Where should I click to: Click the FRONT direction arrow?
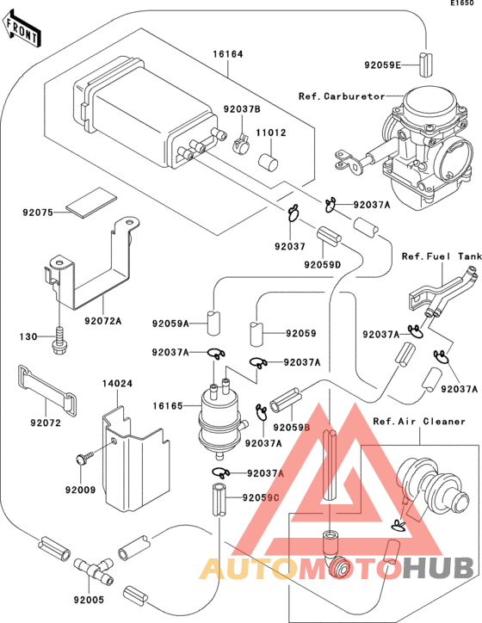[x=22, y=29]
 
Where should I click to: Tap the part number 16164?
[x=228, y=53]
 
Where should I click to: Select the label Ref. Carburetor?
[x=342, y=96]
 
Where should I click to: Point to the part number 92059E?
[x=383, y=65]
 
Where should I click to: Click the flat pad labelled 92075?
[x=92, y=202]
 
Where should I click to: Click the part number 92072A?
[x=103, y=321]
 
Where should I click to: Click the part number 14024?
[x=117, y=384]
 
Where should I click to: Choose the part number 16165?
[x=168, y=405]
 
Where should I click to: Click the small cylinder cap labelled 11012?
[x=269, y=163]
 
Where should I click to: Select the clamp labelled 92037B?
[x=241, y=145]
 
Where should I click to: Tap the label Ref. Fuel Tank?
[x=442, y=256]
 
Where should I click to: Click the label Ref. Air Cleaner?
[x=419, y=421]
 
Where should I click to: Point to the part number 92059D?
[x=323, y=264]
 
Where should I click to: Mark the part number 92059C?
[x=261, y=497]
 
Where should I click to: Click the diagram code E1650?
[x=462, y=3]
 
